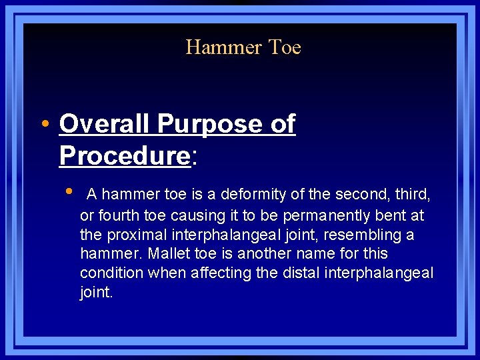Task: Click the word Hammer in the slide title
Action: [223, 47]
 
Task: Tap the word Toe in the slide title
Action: [285, 47]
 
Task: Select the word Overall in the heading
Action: [104, 124]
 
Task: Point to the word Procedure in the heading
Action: [124, 155]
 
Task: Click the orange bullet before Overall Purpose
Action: [44, 125]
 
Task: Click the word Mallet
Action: [168, 254]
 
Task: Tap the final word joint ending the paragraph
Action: [95, 293]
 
